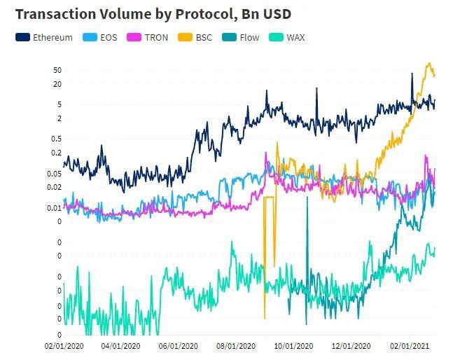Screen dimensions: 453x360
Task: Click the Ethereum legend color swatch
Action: point(22,37)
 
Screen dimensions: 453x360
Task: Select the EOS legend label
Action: point(109,38)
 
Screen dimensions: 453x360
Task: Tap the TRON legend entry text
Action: point(156,38)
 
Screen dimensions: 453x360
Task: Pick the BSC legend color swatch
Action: point(185,37)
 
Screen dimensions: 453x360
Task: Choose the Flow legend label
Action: point(249,38)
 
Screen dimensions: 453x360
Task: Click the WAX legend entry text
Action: point(295,38)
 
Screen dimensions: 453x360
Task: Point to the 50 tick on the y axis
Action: point(57,70)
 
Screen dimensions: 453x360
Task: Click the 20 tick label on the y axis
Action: point(57,84)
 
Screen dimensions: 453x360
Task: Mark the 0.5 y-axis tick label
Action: point(57,139)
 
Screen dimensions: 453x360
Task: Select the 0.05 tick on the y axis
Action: point(55,174)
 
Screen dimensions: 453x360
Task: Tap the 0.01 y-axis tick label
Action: point(55,208)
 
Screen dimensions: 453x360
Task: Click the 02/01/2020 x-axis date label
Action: point(64,346)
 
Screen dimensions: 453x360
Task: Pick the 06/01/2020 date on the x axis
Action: point(179,346)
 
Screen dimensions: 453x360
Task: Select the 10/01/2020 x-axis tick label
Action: point(293,346)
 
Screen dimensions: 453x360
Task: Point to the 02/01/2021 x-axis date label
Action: point(410,346)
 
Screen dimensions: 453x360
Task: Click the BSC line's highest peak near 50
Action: point(429,63)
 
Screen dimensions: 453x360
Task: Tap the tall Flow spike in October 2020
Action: point(307,198)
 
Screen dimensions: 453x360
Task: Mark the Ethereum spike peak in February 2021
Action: point(412,74)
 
